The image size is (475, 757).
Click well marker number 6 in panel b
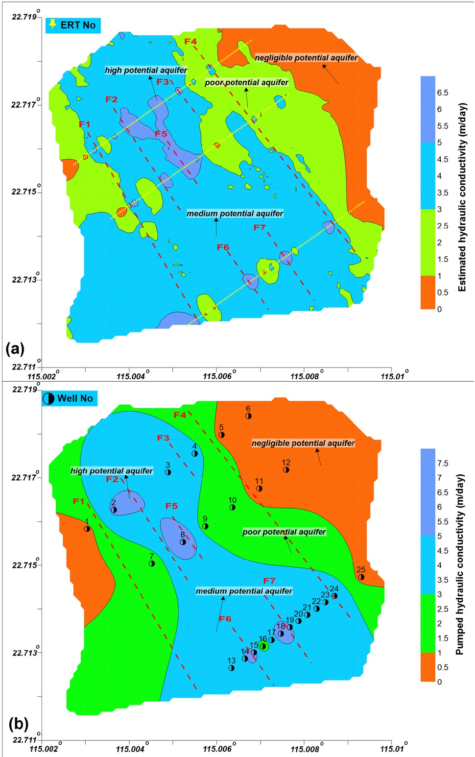pos(248,416)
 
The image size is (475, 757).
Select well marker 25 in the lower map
pos(361,577)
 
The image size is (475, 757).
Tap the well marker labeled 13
pos(232,668)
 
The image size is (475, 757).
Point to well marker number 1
pos(87,529)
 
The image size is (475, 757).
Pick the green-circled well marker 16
pos(263,646)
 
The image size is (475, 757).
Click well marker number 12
pos(286,470)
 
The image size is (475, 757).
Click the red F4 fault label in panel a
pos(190,42)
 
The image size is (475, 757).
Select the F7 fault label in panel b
pos(269,581)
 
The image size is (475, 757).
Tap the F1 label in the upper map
pos(85,124)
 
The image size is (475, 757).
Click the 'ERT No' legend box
pos(72,25)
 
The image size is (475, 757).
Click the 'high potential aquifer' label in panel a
pos(146,70)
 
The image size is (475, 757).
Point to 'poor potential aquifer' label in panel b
pos(284,532)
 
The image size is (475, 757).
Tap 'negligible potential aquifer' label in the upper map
pos(306,58)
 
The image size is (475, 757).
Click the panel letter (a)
pos(15,349)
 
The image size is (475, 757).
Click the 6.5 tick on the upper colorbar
pos(442,93)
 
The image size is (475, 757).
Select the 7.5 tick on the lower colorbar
pos(442,463)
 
